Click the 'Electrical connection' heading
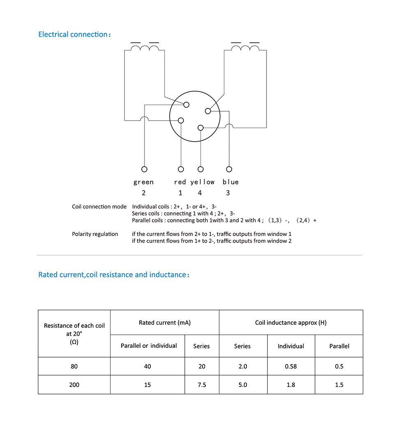click(74, 34)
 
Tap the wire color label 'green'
click(143, 182)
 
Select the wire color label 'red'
click(180, 182)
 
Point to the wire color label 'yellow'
click(202, 182)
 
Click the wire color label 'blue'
click(230, 182)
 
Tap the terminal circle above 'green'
click(144, 169)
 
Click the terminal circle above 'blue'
click(229, 169)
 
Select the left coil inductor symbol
click(145, 48)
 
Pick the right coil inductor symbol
click(245, 48)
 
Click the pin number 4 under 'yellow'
click(200, 193)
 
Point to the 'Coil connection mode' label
click(99, 206)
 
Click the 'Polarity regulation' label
click(95, 234)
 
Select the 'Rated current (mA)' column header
click(165, 323)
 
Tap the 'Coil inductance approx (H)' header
click(291, 323)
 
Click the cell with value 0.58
click(291, 366)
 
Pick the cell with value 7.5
click(202, 385)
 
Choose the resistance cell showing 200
click(74, 385)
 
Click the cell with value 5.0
click(243, 385)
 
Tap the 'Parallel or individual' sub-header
click(149, 346)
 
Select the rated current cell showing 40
click(147, 366)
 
